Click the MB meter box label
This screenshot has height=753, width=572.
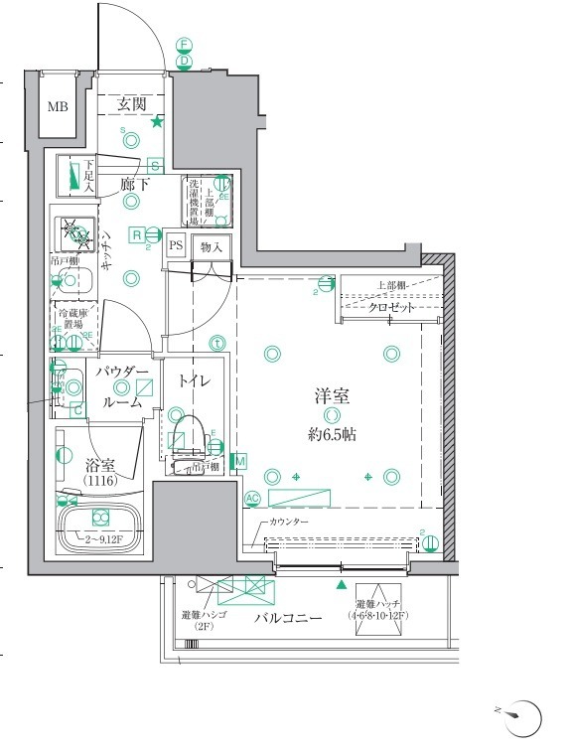tap(59, 106)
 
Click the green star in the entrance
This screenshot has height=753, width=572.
tap(157, 122)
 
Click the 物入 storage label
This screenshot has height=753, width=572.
tap(212, 245)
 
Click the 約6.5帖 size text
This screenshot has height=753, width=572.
tap(333, 435)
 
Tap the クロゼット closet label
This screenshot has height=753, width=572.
tap(391, 308)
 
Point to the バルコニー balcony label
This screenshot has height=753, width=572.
tap(287, 618)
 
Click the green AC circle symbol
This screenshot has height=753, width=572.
tap(252, 498)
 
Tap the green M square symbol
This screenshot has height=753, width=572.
tap(239, 461)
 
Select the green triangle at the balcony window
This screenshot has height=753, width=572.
tap(343, 586)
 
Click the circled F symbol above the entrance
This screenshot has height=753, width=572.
tap(184, 45)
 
